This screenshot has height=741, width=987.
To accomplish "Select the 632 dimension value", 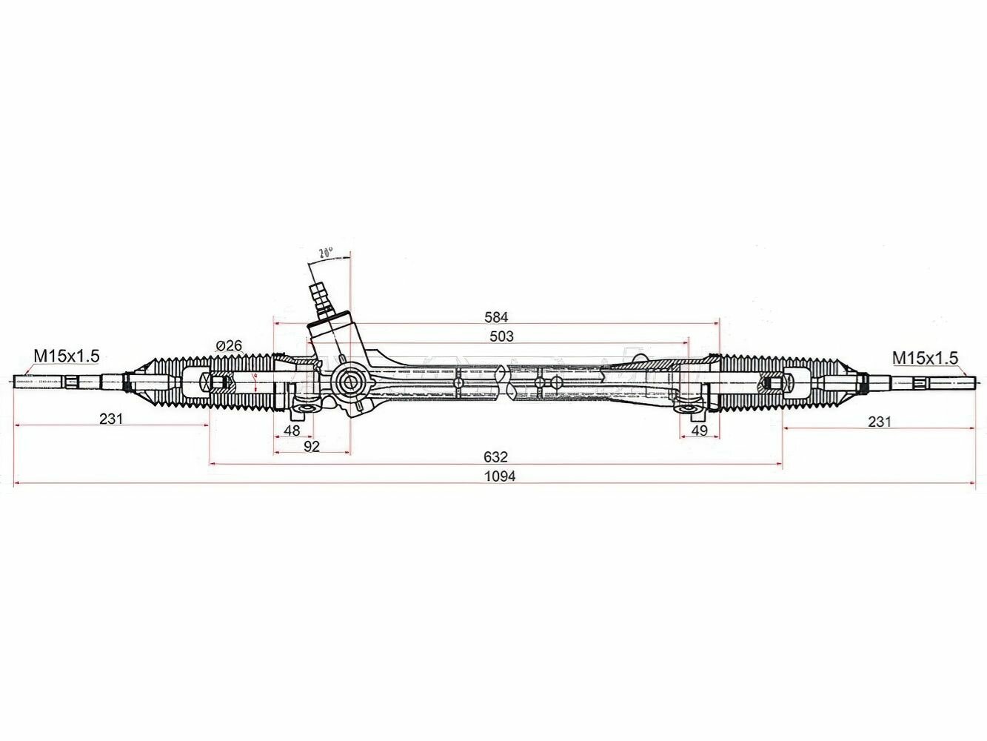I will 495,456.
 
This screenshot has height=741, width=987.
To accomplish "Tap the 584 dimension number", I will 495,316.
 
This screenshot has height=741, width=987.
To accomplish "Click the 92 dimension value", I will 311,445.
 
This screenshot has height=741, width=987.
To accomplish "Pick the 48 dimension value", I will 292,430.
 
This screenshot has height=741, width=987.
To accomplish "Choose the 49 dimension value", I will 699,430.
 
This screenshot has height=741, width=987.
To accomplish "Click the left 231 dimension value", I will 111,419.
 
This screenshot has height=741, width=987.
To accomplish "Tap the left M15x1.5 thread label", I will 65,356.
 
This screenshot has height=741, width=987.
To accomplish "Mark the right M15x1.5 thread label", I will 925,358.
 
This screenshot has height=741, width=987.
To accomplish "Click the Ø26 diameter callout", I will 230,345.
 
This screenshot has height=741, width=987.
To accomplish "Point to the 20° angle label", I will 325,253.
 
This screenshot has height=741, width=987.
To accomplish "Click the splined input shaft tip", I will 320,290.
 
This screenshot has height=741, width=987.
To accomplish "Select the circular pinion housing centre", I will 347,382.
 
